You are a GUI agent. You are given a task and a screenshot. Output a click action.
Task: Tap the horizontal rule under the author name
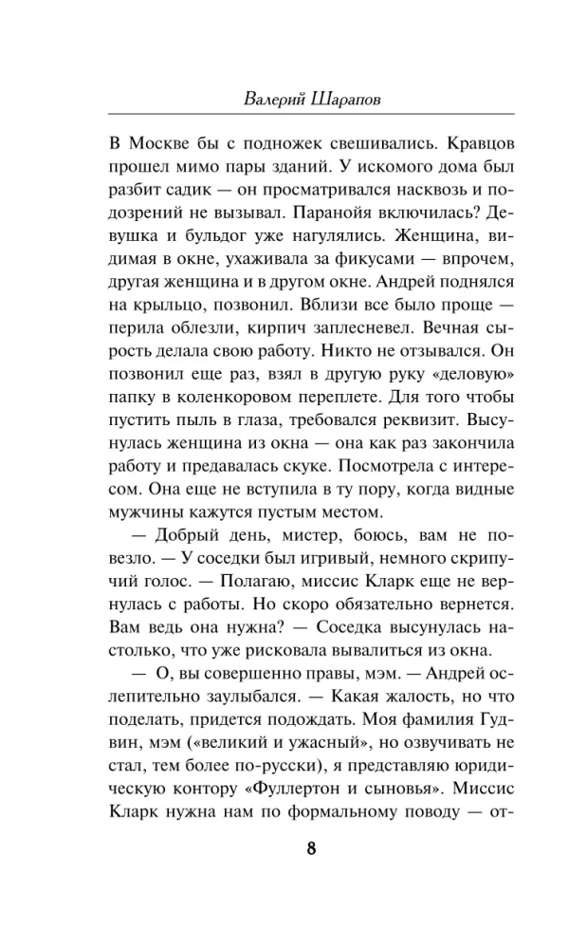[293, 115]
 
